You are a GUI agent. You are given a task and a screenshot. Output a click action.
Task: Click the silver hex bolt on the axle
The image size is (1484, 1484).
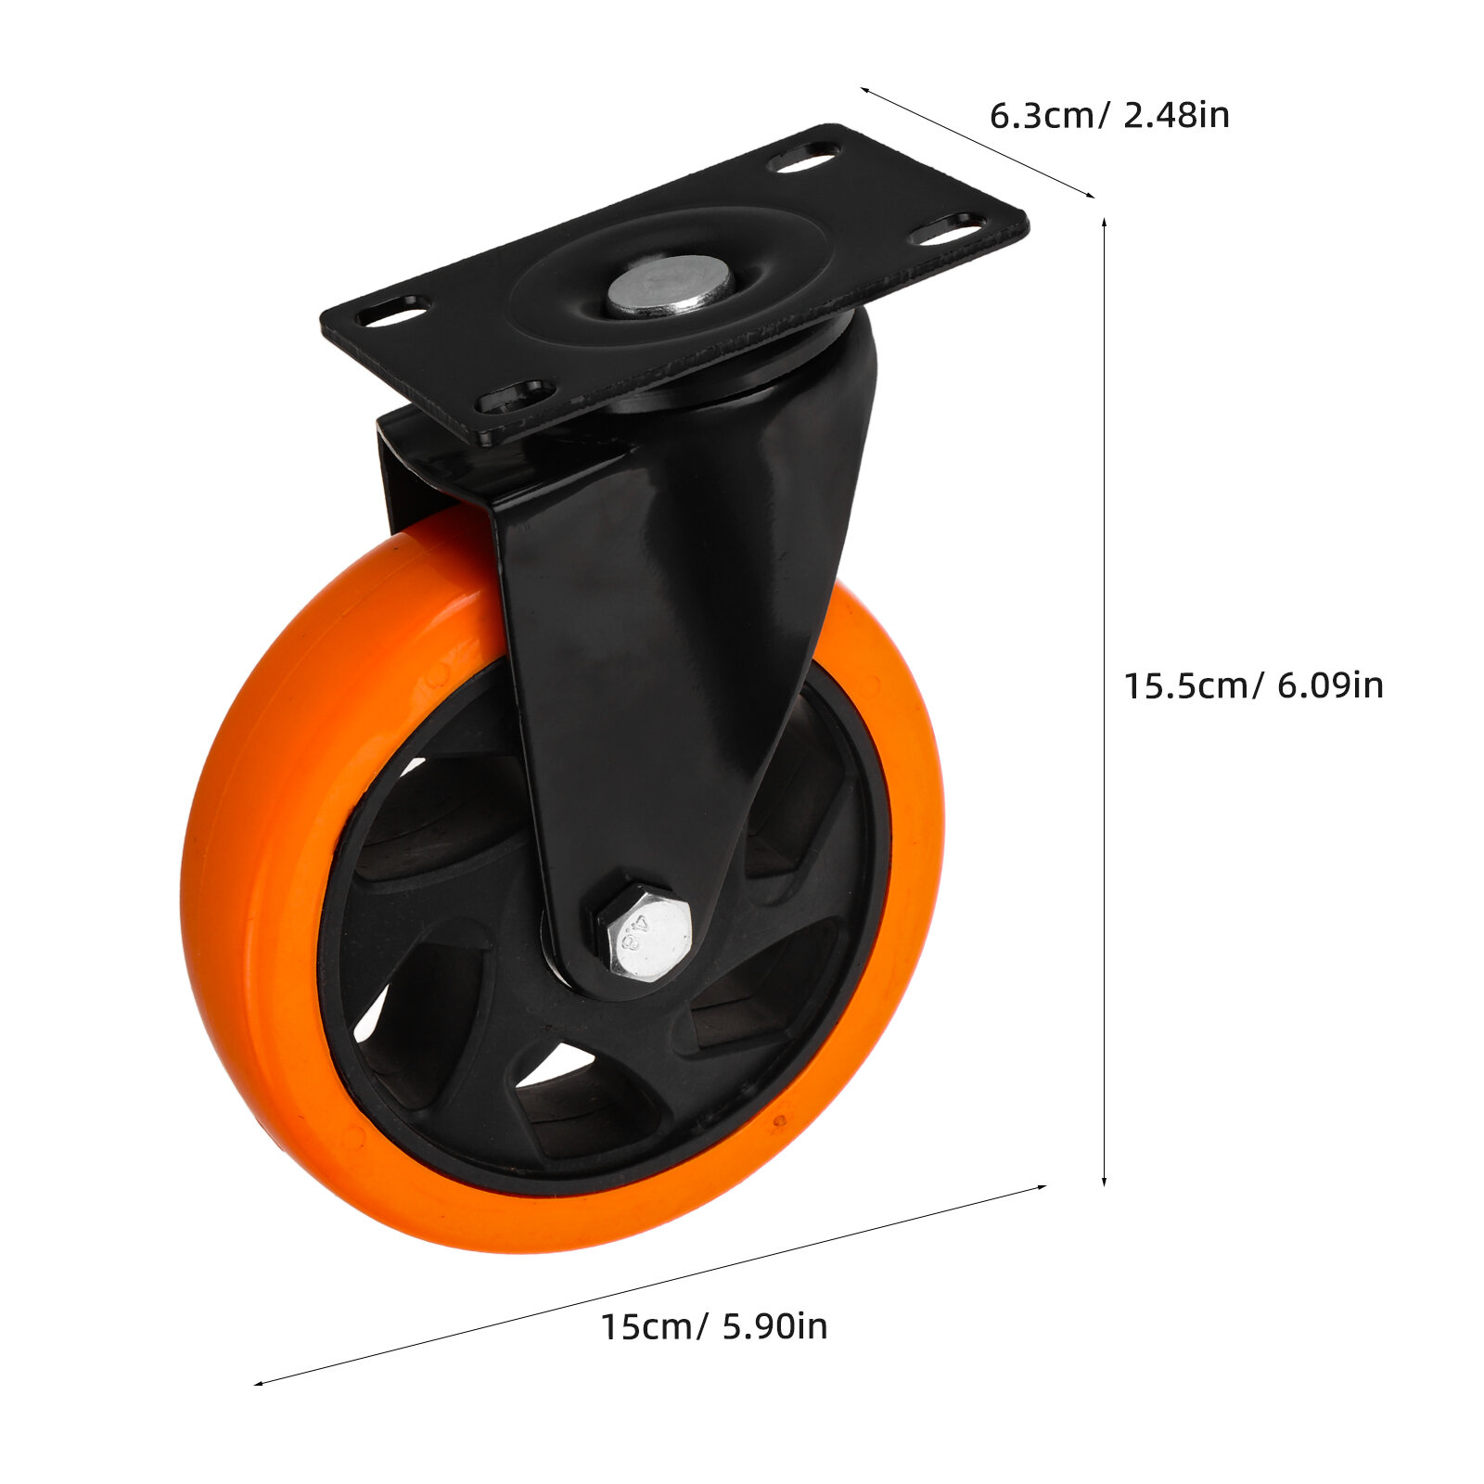pyautogui.click(x=645, y=931)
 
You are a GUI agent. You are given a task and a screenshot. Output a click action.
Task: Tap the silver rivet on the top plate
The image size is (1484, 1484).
pyautogui.click(x=670, y=287)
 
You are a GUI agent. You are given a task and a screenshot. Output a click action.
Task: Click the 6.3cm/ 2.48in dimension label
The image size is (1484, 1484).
pyautogui.click(x=1109, y=116)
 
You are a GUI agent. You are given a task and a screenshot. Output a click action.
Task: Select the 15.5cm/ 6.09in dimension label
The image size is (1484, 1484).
pyautogui.click(x=1254, y=685)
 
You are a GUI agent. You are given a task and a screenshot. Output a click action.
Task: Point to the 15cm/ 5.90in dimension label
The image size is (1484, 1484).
pyautogui.click(x=713, y=1325)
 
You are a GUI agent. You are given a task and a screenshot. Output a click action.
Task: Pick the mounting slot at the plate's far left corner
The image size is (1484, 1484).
pyautogui.click(x=393, y=312)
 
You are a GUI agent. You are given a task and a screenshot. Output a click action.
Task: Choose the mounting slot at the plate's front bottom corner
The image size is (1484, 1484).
pyautogui.click(x=516, y=397)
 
